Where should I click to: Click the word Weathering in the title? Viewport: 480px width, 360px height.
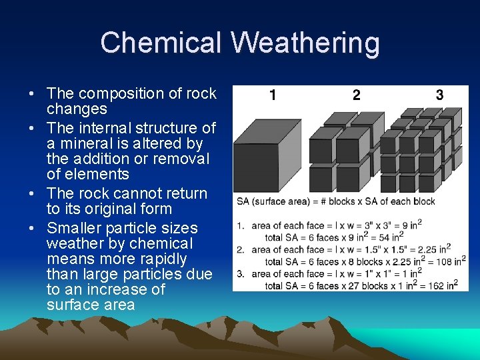[305, 43]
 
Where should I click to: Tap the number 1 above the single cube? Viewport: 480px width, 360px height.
[273, 95]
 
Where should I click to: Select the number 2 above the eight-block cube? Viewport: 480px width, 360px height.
[356, 95]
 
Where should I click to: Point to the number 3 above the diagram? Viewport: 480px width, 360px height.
[439, 95]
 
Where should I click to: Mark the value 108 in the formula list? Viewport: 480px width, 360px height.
[437, 262]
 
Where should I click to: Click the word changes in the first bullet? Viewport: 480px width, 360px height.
[77, 109]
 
